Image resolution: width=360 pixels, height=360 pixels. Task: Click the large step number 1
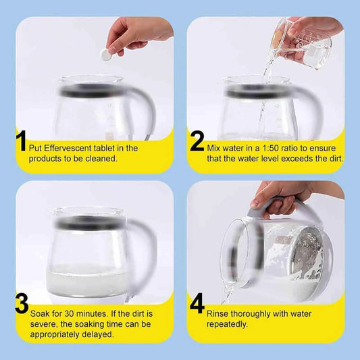pyautogui.click(x=21, y=142)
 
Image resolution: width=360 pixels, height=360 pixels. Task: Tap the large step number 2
pyautogui.click(x=197, y=141)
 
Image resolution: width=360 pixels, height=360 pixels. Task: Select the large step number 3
pyautogui.click(x=22, y=303)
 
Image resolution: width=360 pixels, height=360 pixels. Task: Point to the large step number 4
pyautogui.click(x=197, y=303)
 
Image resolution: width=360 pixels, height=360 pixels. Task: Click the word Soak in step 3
pyautogui.click(x=41, y=313)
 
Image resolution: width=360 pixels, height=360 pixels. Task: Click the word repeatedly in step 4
pyautogui.click(x=229, y=324)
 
